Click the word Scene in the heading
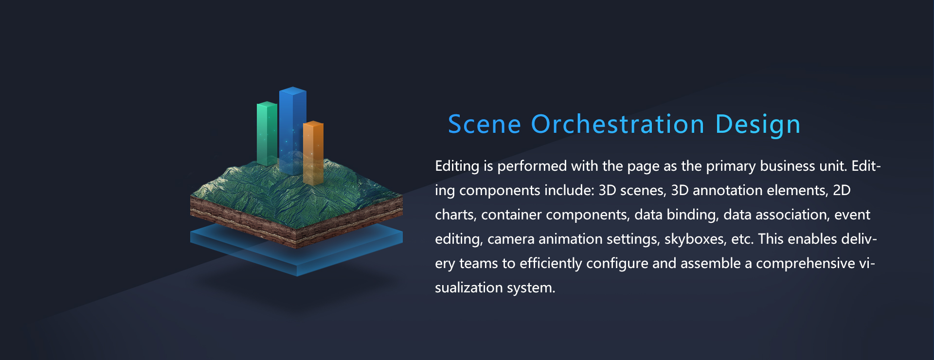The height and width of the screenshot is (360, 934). click(x=485, y=124)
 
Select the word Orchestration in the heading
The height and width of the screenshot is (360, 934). click(x=618, y=124)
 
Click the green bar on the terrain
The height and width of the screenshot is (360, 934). click(x=267, y=133)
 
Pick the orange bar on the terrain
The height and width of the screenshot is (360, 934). click(x=313, y=152)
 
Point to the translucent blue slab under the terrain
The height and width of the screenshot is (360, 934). click(x=296, y=249)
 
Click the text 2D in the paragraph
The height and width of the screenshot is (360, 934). click(x=842, y=190)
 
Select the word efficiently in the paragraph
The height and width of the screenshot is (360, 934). click(x=551, y=264)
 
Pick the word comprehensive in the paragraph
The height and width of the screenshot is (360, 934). click(x=806, y=264)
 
